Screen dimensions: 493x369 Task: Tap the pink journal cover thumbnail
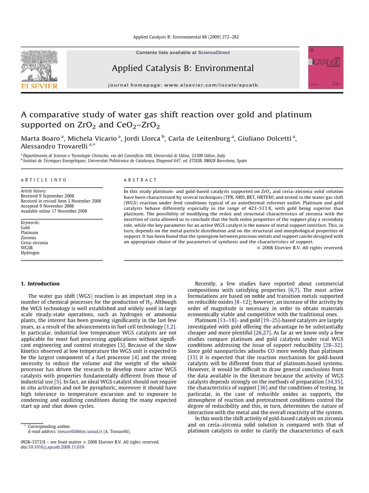pos(325,68)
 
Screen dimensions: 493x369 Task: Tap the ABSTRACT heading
pos(140,180)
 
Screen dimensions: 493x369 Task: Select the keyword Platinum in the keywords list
pos(29,233)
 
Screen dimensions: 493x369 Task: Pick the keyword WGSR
pos(27,247)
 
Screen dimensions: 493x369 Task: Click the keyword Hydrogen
pos(30,253)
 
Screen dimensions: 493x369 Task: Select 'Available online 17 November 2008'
pos(54,211)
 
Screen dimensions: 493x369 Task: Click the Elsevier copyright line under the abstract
pos(300,247)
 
